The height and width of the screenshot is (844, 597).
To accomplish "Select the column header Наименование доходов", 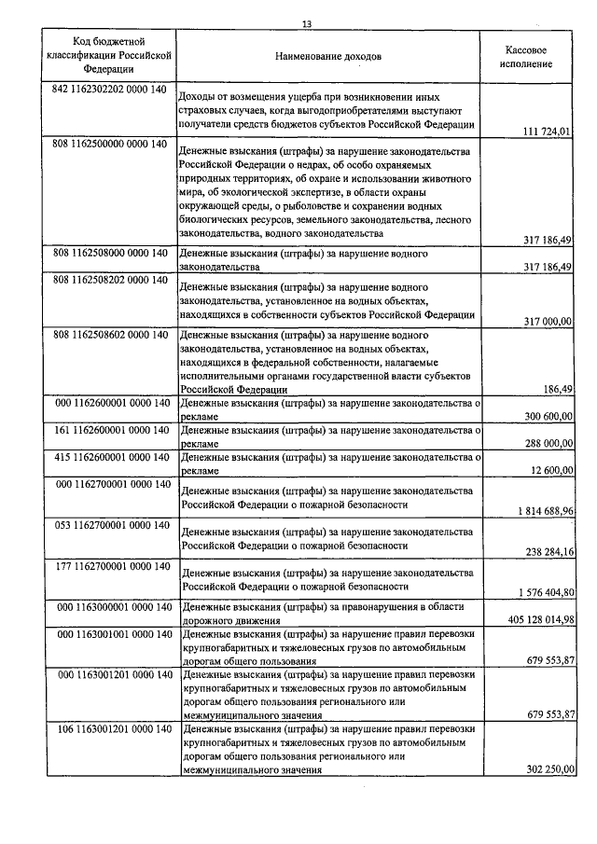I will (x=327, y=57).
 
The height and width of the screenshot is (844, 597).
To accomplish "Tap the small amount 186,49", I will (x=558, y=389).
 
